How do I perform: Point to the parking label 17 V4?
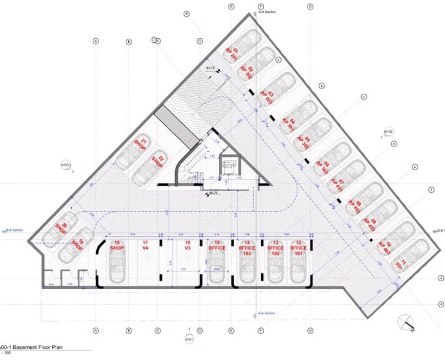[146, 245]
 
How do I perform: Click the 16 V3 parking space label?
[187, 245]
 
